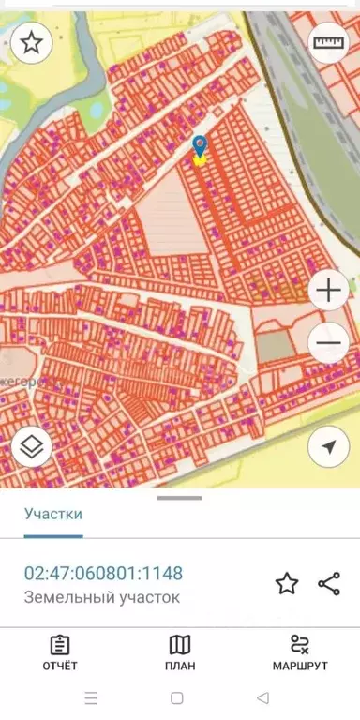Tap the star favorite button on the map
32,43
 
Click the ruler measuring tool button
328,43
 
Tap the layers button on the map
32,448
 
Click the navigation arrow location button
328,448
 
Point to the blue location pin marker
199,147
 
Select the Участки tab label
53,514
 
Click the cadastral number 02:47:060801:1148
103,573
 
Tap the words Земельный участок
100,597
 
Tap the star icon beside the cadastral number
286,584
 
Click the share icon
329,584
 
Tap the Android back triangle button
263,698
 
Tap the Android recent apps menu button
91,698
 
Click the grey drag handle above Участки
179,498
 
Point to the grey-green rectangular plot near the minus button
275,346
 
